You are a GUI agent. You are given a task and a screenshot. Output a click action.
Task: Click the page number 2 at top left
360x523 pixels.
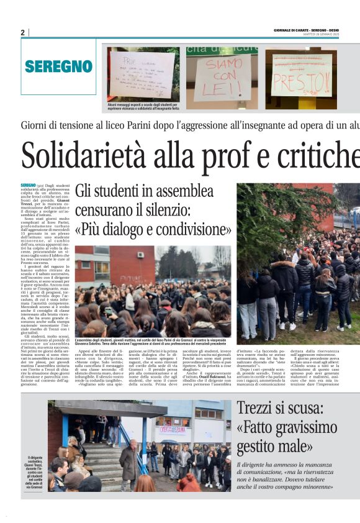click(22, 32)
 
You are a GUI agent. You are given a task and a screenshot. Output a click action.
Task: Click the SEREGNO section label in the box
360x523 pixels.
click(59, 66)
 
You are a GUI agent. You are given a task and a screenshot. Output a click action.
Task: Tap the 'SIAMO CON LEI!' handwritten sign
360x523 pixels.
click(223, 78)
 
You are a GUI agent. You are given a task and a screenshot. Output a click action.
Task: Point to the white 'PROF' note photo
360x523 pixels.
click(142, 75)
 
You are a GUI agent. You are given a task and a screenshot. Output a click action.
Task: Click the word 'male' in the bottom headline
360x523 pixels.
click(294, 446)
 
